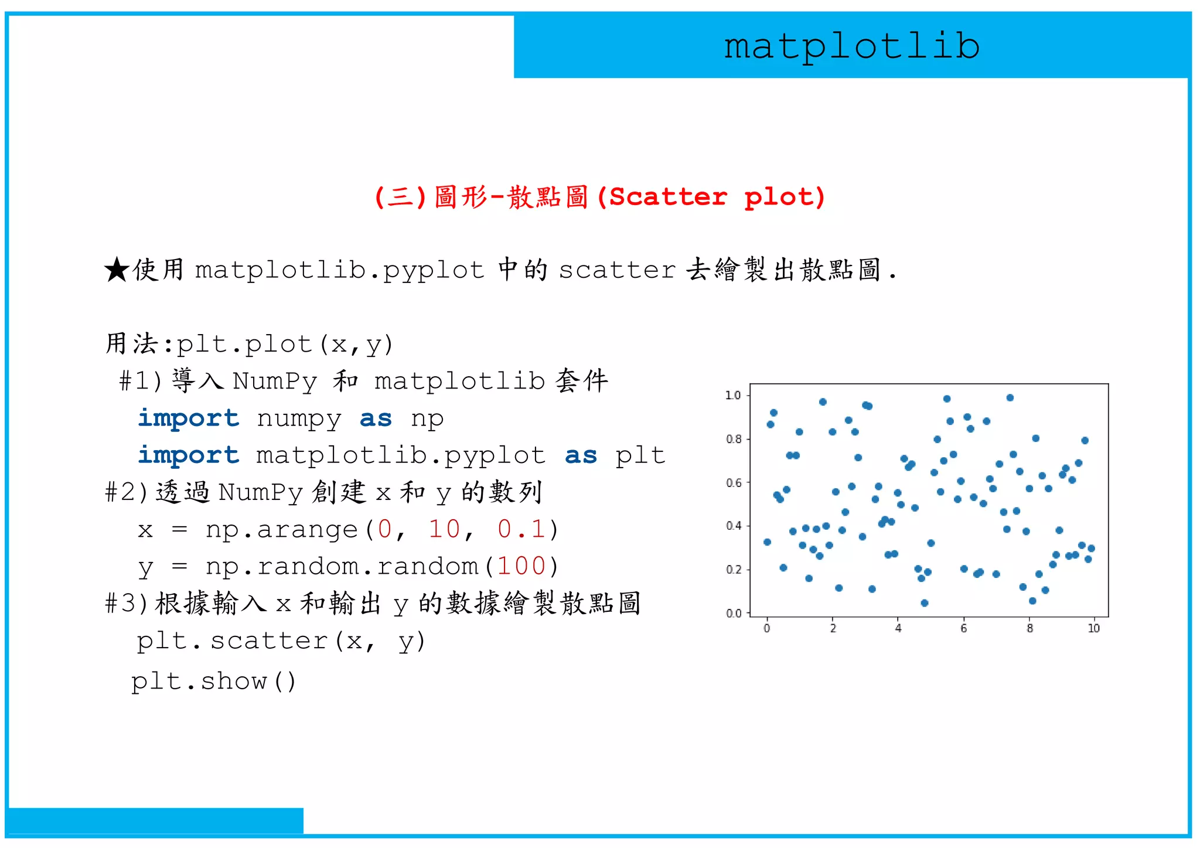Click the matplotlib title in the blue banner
[851, 47]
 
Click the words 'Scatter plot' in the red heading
[717, 197]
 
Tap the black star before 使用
[117, 270]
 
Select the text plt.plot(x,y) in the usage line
[285, 345]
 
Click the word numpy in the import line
[299, 419]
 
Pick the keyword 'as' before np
[376, 419]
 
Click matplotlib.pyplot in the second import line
[401, 456]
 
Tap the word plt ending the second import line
[640, 456]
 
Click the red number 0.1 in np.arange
[521, 529]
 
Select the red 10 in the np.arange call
[445, 529]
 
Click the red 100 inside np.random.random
[521, 566]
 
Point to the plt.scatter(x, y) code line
[281, 641]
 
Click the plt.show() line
[214, 681]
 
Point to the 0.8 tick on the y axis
[733, 439]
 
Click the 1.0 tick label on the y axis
[733, 396]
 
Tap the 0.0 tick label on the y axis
[733, 614]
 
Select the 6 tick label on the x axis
[963, 629]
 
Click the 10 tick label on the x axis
[1093, 629]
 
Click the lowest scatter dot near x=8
[1032, 601]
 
